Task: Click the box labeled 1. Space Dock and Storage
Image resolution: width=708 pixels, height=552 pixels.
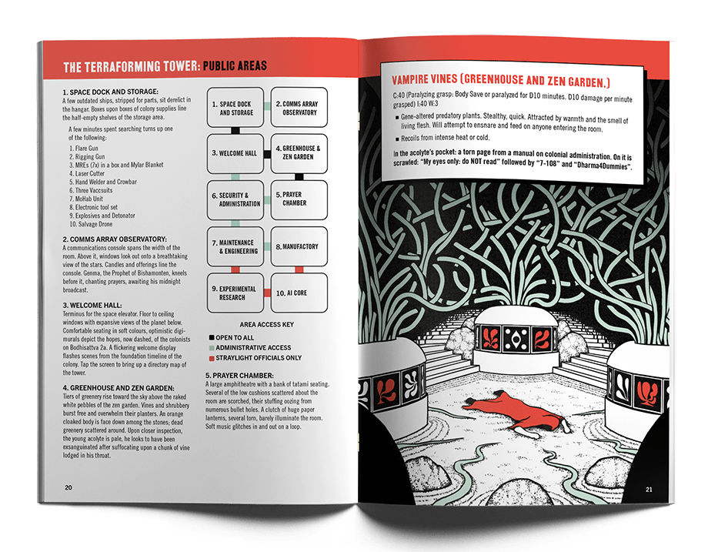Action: click(x=235, y=108)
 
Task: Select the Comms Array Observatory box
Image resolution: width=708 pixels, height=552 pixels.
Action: click(x=299, y=108)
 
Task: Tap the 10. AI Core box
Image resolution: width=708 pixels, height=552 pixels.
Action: click(x=299, y=293)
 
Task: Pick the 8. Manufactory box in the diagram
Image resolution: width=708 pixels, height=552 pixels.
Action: click(x=299, y=246)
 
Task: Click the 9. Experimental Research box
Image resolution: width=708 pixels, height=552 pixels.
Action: click(x=235, y=293)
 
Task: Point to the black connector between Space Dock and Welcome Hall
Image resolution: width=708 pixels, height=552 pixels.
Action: click(x=235, y=131)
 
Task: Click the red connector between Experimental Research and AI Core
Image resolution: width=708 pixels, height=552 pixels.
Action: click(x=267, y=293)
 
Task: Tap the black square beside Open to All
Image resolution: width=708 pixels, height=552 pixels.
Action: click(x=212, y=337)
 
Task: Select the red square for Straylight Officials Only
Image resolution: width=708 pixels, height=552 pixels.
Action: click(x=212, y=358)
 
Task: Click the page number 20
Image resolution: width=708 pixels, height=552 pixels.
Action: click(x=68, y=487)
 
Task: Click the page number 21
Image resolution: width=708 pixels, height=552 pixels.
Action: click(x=649, y=489)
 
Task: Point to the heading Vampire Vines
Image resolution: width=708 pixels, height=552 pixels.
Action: click(x=425, y=79)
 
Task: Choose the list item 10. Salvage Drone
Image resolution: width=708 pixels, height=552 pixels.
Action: click(x=91, y=224)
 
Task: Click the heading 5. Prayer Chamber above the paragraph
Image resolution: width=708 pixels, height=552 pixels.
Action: click(x=239, y=376)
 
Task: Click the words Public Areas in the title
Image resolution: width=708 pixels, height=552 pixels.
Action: click(x=235, y=66)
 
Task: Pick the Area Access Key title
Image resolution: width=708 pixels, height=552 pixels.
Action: click(x=267, y=324)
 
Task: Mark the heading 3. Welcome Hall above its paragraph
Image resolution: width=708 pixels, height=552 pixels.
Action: click(x=92, y=306)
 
